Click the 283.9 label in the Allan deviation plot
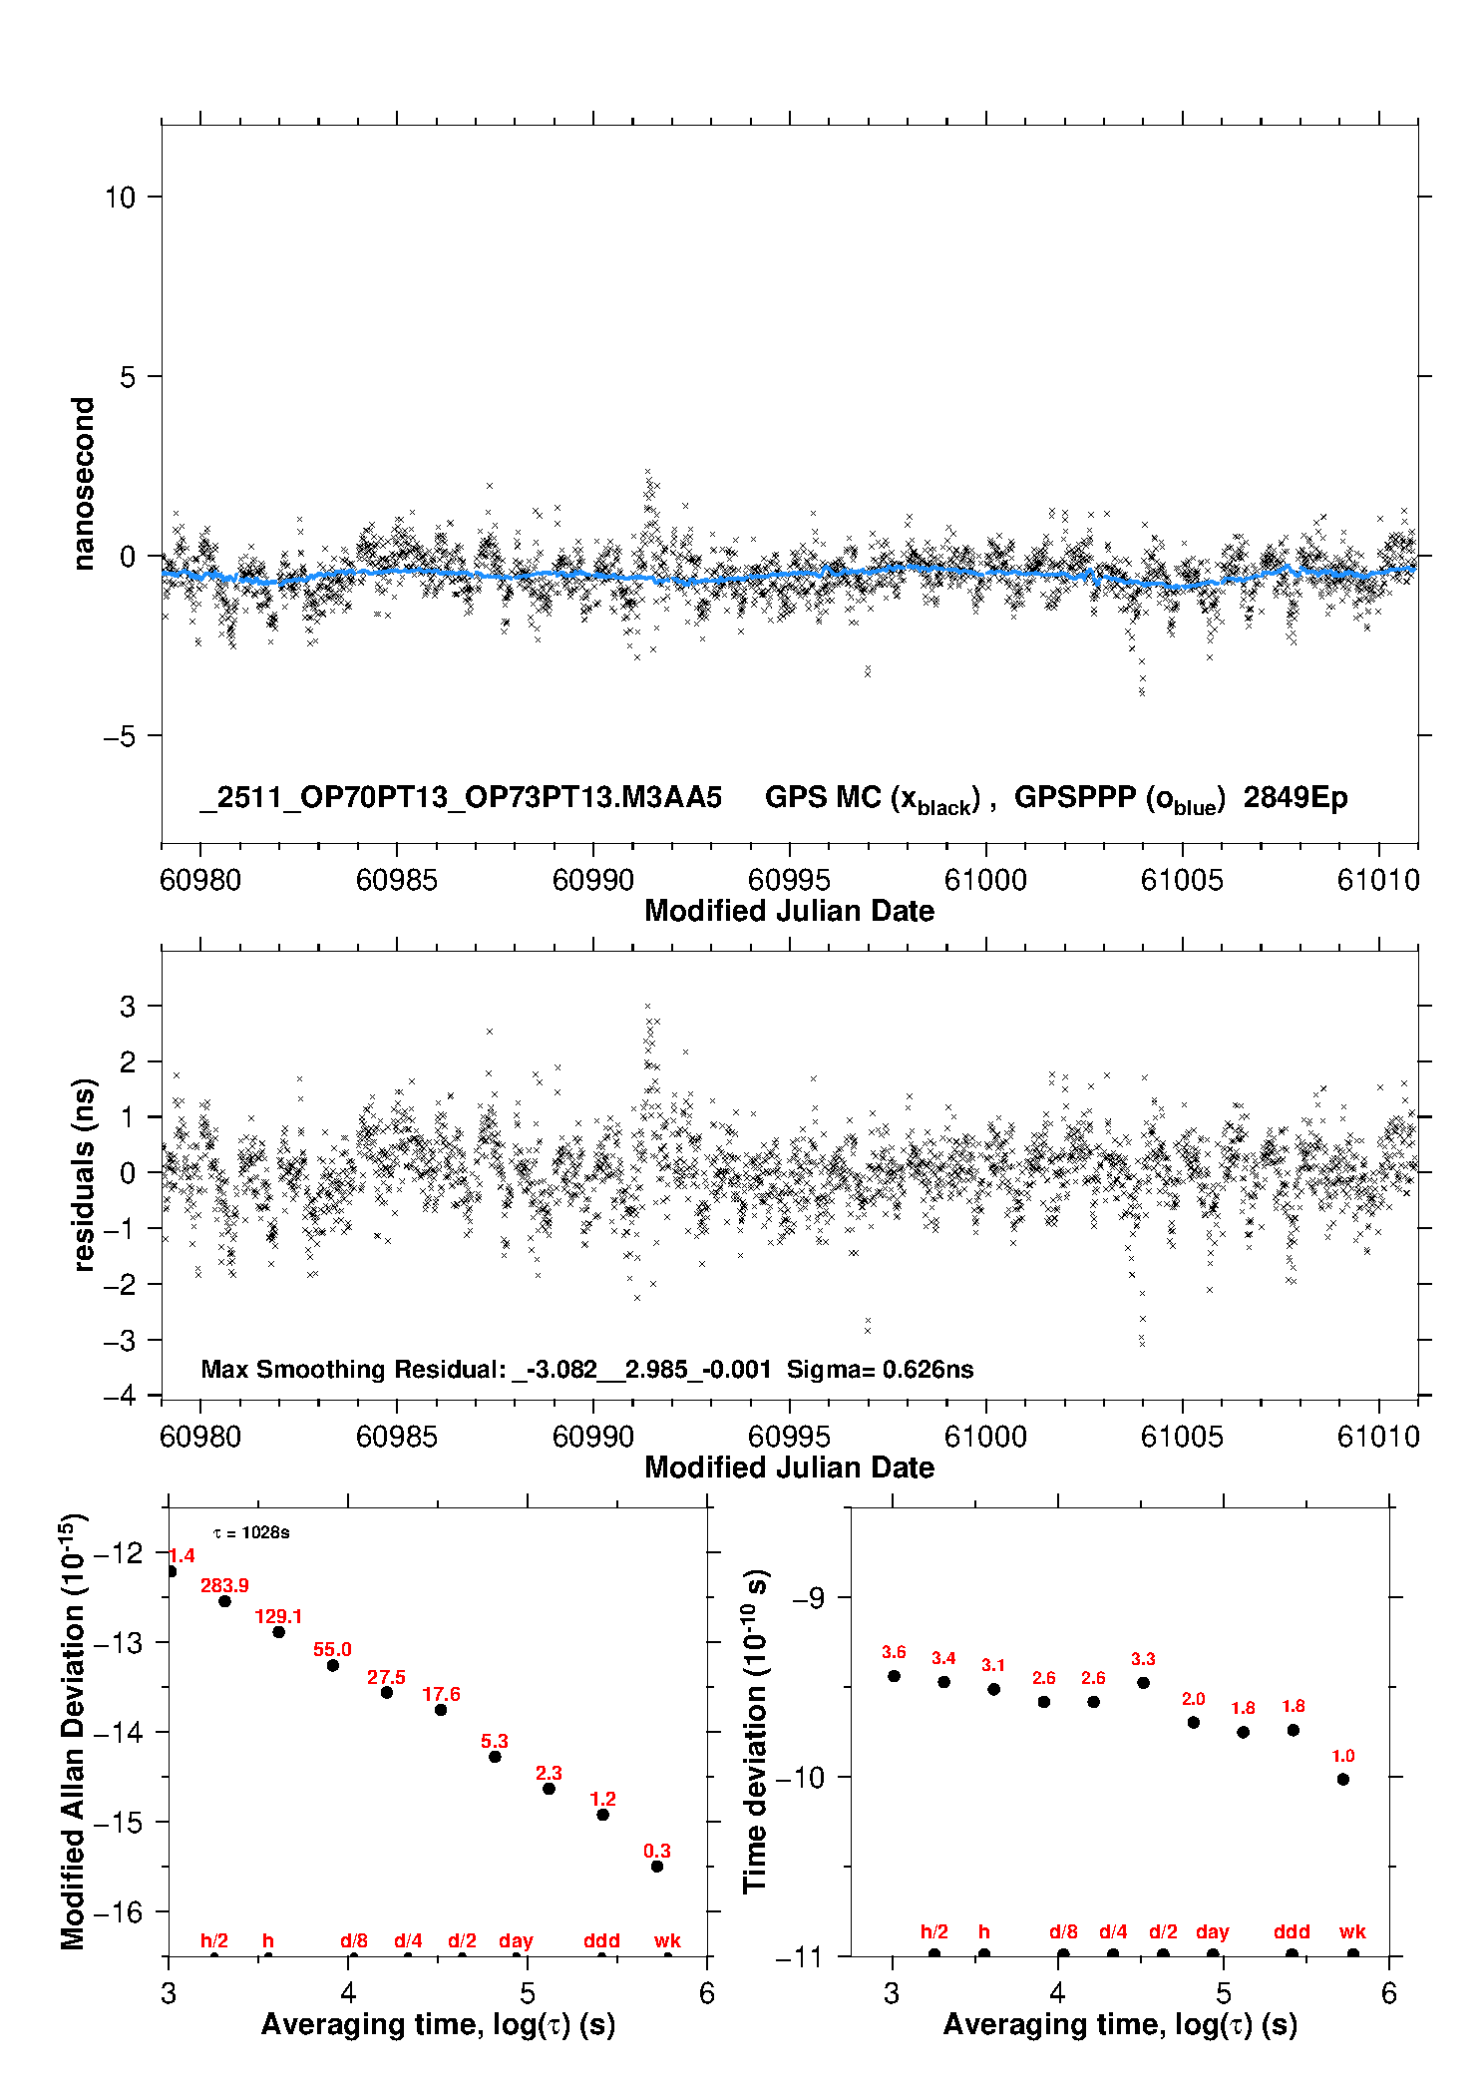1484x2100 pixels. coord(224,1585)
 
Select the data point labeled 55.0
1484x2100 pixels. coord(333,1665)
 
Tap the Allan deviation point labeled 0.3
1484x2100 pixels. coord(657,1866)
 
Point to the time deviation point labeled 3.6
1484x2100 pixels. coord(894,1676)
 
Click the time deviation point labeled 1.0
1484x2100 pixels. coord(1343,1779)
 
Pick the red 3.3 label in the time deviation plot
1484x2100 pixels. coord(1143,1659)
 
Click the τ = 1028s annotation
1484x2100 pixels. coord(251,1532)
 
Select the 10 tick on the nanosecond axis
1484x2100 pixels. coord(121,198)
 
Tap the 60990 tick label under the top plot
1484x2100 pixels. coord(593,880)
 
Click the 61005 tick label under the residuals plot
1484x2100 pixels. coord(1182,1437)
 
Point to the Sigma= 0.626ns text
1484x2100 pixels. coord(880,1369)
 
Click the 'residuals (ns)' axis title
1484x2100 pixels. coord(84,1174)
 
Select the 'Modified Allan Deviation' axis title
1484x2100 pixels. coord(73,1731)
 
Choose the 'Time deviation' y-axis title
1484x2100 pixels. coord(755,1731)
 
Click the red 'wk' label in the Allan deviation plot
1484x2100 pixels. coord(667,1940)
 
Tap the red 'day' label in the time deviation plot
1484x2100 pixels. coord(1212,1931)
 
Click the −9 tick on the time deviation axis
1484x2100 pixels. coord(808,1598)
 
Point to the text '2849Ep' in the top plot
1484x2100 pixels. coord(1296,798)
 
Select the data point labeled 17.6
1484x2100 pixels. coord(441,1710)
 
